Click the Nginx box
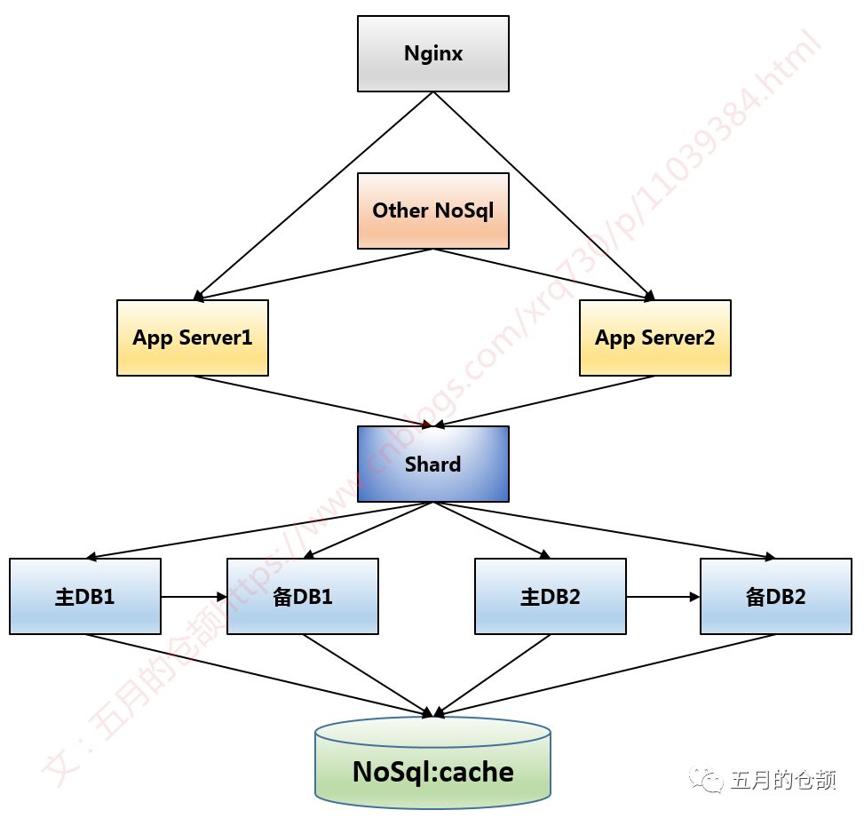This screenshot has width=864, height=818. coord(433,53)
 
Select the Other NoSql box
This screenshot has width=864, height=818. coord(433,210)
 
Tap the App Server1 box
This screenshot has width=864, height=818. coord(193,338)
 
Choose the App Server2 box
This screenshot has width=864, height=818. coord(655,338)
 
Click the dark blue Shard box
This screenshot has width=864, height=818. coord(433,464)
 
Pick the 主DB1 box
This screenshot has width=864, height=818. coord(85,596)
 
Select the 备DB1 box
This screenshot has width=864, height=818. coord(303,596)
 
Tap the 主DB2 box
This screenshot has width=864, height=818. coord(551,596)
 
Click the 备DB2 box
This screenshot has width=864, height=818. coord(776,596)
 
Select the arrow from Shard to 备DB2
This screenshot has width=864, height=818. coord(604,530)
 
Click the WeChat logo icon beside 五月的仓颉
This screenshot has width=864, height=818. coord(711,781)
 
